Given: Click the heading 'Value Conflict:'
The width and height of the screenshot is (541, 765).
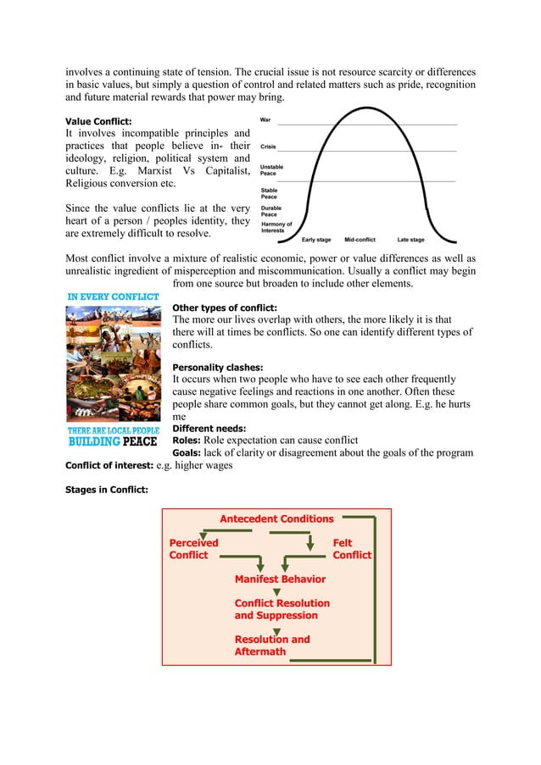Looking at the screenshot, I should pyautogui.click(x=98, y=121).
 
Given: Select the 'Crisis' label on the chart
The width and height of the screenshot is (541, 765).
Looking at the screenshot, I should pyautogui.click(x=268, y=147).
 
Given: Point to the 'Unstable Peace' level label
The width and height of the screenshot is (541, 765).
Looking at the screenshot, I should pyautogui.click(x=271, y=170).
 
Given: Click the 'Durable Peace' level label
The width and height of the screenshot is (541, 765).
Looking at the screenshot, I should pyautogui.click(x=271, y=211).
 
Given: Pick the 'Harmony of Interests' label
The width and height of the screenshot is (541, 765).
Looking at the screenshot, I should pyautogui.click(x=276, y=227).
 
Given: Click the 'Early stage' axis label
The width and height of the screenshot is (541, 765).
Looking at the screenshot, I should pyautogui.click(x=316, y=240).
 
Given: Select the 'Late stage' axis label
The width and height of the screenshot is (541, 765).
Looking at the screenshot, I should pyautogui.click(x=410, y=240).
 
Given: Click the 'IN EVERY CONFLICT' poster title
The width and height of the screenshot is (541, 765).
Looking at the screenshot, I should pyautogui.click(x=113, y=297).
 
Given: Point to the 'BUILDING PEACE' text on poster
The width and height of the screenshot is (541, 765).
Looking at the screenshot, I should pyautogui.click(x=113, y=441).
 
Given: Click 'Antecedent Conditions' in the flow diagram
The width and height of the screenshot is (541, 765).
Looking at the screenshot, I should pyautogui.click(x=276, y=518).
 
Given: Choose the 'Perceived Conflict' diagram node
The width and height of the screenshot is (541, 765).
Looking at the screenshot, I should pyautogui.click(x=193, y=549).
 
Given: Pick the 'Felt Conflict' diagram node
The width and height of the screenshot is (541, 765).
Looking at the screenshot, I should pyautogui.click(x=351, y=549).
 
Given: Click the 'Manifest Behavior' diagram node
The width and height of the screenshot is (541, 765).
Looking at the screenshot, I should pyautogui.click(x=280, y=579).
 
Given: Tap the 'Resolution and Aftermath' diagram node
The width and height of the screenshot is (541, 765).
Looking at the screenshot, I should pyautogui.click(x=272, y=646).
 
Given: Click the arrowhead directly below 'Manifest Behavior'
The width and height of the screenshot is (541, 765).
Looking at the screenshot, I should pyautogui.click(x=276, y=592).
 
